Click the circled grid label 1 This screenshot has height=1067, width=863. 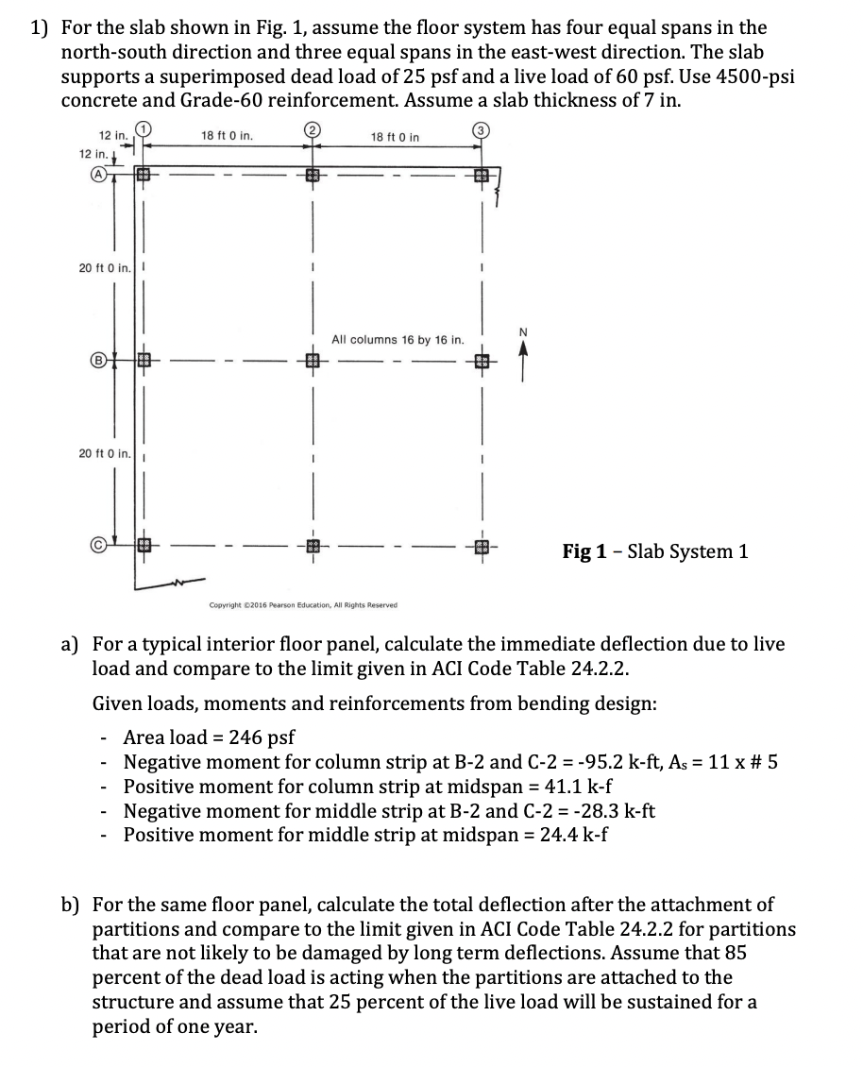[143, 130]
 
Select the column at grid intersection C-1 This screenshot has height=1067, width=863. [144, 546]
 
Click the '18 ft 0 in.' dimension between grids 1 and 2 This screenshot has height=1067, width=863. [227, 137]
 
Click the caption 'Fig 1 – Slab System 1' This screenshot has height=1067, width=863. [655, 551]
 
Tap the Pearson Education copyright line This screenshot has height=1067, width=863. [303, 605]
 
